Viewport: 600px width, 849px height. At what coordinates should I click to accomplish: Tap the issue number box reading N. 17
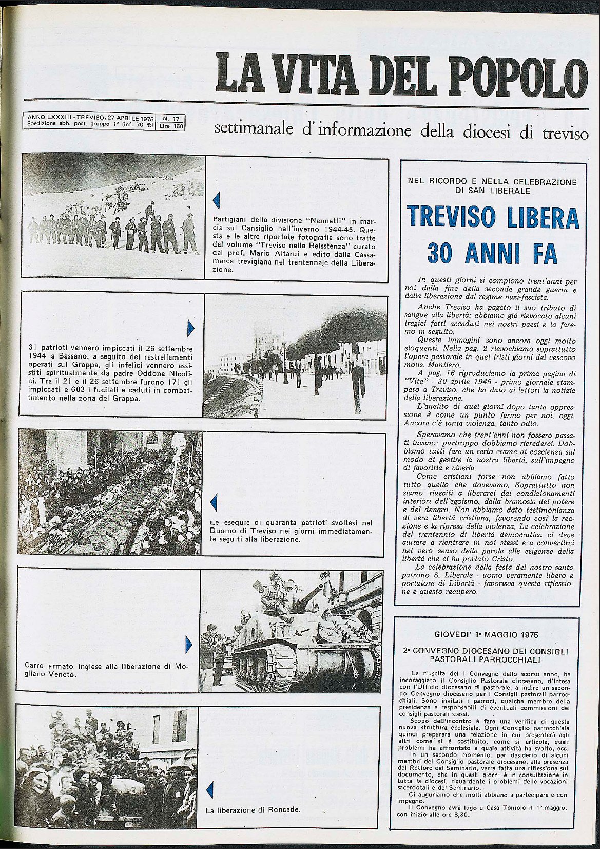pos(170,118)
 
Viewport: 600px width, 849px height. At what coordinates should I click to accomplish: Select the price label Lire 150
pos(170,125)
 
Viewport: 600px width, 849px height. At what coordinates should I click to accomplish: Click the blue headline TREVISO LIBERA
pos(493,217)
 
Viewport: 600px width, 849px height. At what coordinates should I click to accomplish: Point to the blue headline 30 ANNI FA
pos(493,253)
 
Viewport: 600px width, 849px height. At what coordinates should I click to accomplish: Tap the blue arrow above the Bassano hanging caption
pos(191,328)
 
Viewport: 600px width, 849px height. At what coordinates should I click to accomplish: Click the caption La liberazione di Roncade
pos(253,810)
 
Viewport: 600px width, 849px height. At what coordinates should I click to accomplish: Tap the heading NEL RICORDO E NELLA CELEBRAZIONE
pos(492,182)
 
